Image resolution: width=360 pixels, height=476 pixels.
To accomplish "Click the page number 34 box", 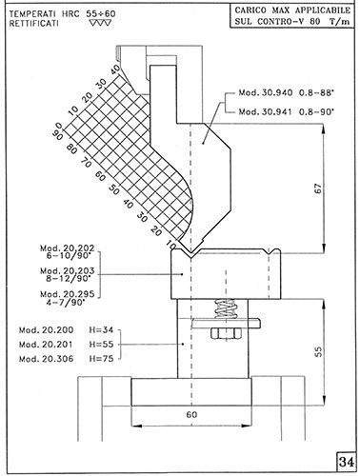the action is point(346,462).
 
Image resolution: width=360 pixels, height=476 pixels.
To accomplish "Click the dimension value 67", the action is point(318,188).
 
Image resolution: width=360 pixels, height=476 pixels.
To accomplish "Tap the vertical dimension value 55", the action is point(318,351).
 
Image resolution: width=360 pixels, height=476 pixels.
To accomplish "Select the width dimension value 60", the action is point(191,414).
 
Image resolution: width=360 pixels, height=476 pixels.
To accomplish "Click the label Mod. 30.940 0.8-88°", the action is point(287,92).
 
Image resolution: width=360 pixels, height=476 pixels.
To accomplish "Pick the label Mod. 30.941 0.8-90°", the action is point(287,111).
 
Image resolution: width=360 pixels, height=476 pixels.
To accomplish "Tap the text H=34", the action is point(101,330).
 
